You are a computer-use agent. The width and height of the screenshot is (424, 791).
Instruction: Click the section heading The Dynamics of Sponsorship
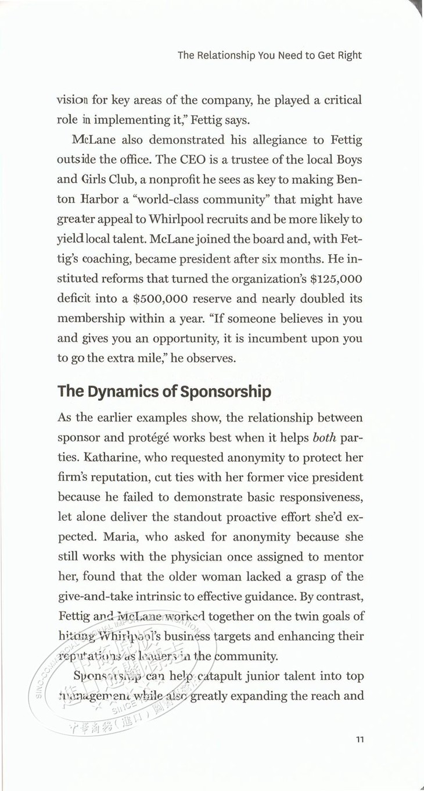pos(164,391)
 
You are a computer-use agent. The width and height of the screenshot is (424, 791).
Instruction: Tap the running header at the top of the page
pos(270,56)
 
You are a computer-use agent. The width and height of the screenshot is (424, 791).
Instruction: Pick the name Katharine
pos(105,458)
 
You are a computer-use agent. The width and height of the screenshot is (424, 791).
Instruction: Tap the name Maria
pos(78,537)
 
